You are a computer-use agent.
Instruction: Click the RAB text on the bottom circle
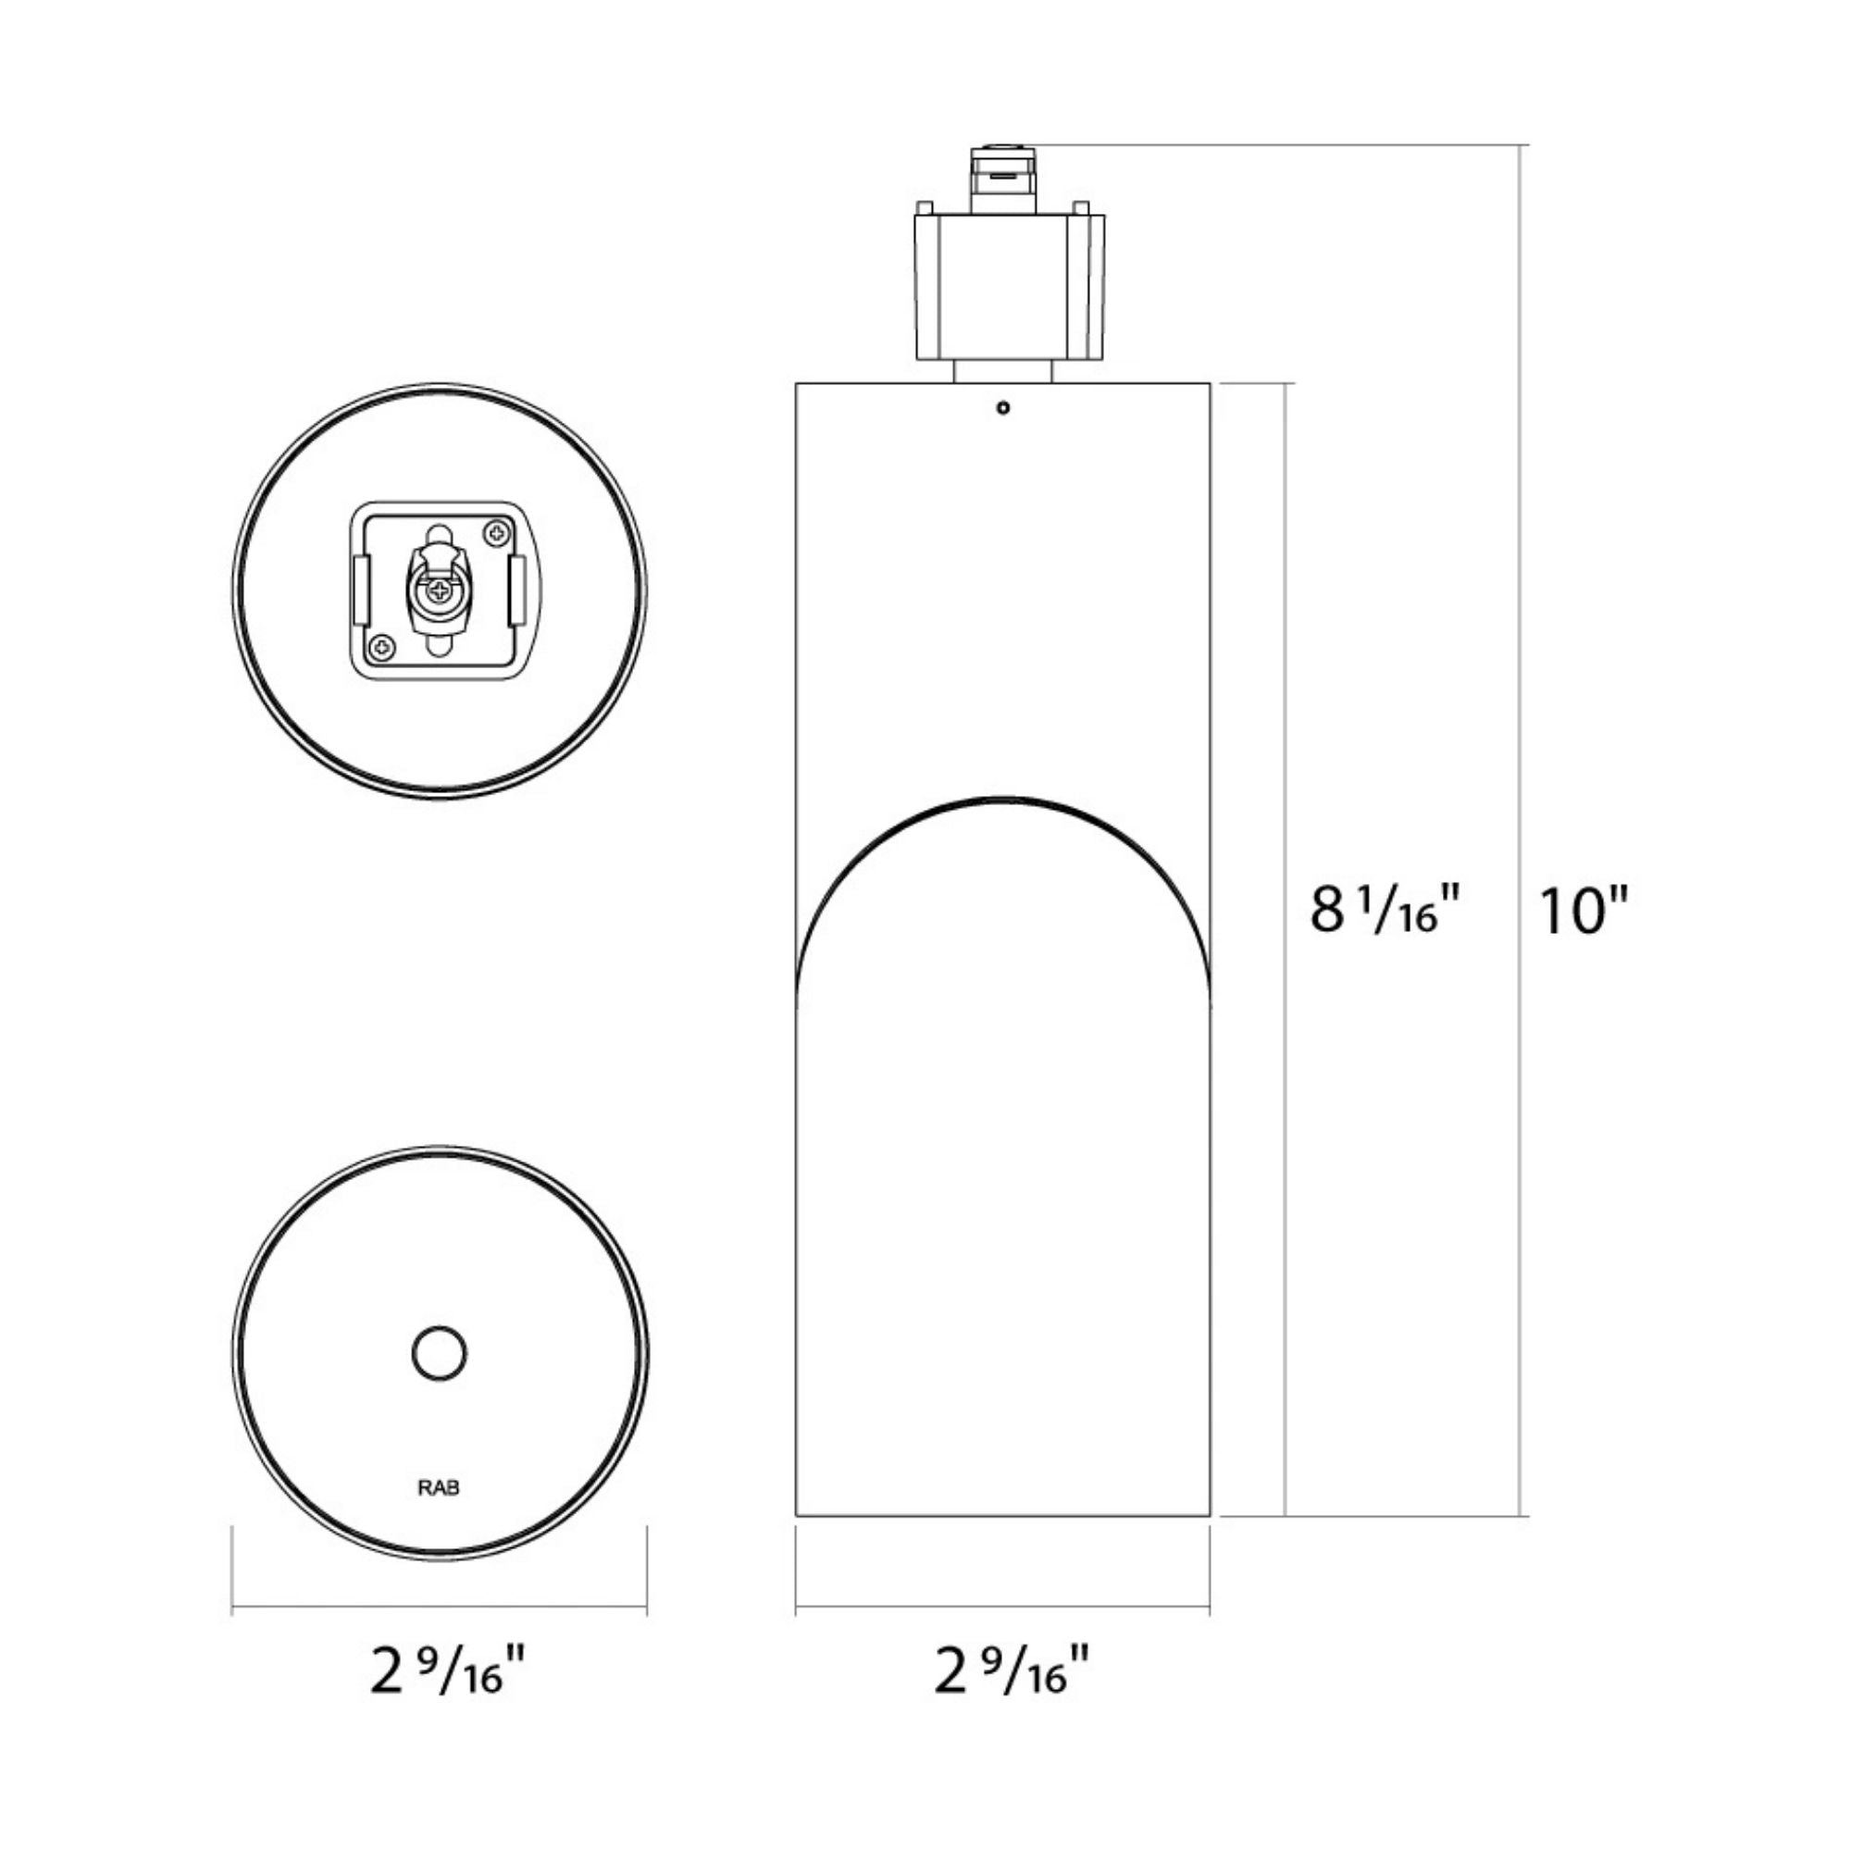point(439,1490)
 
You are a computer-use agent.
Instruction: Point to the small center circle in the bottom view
point(440,1354)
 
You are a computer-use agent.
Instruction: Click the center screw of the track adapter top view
point(440,591)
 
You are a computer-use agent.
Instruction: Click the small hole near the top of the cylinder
point(1003,408)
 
